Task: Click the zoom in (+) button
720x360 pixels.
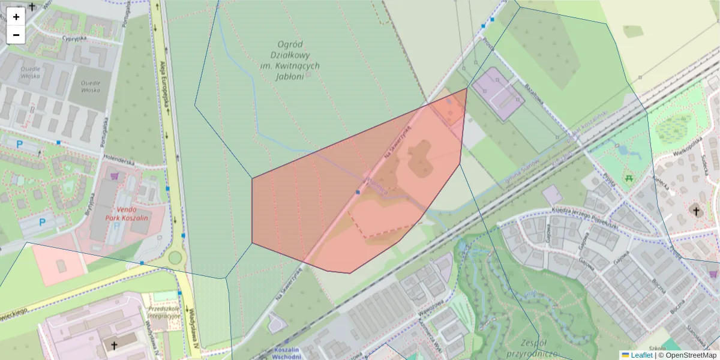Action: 16,17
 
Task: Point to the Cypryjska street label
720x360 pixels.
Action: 75,38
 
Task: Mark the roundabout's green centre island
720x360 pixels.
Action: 175,258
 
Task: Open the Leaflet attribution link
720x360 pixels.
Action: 641,355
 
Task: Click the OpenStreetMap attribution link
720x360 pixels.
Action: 691,355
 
